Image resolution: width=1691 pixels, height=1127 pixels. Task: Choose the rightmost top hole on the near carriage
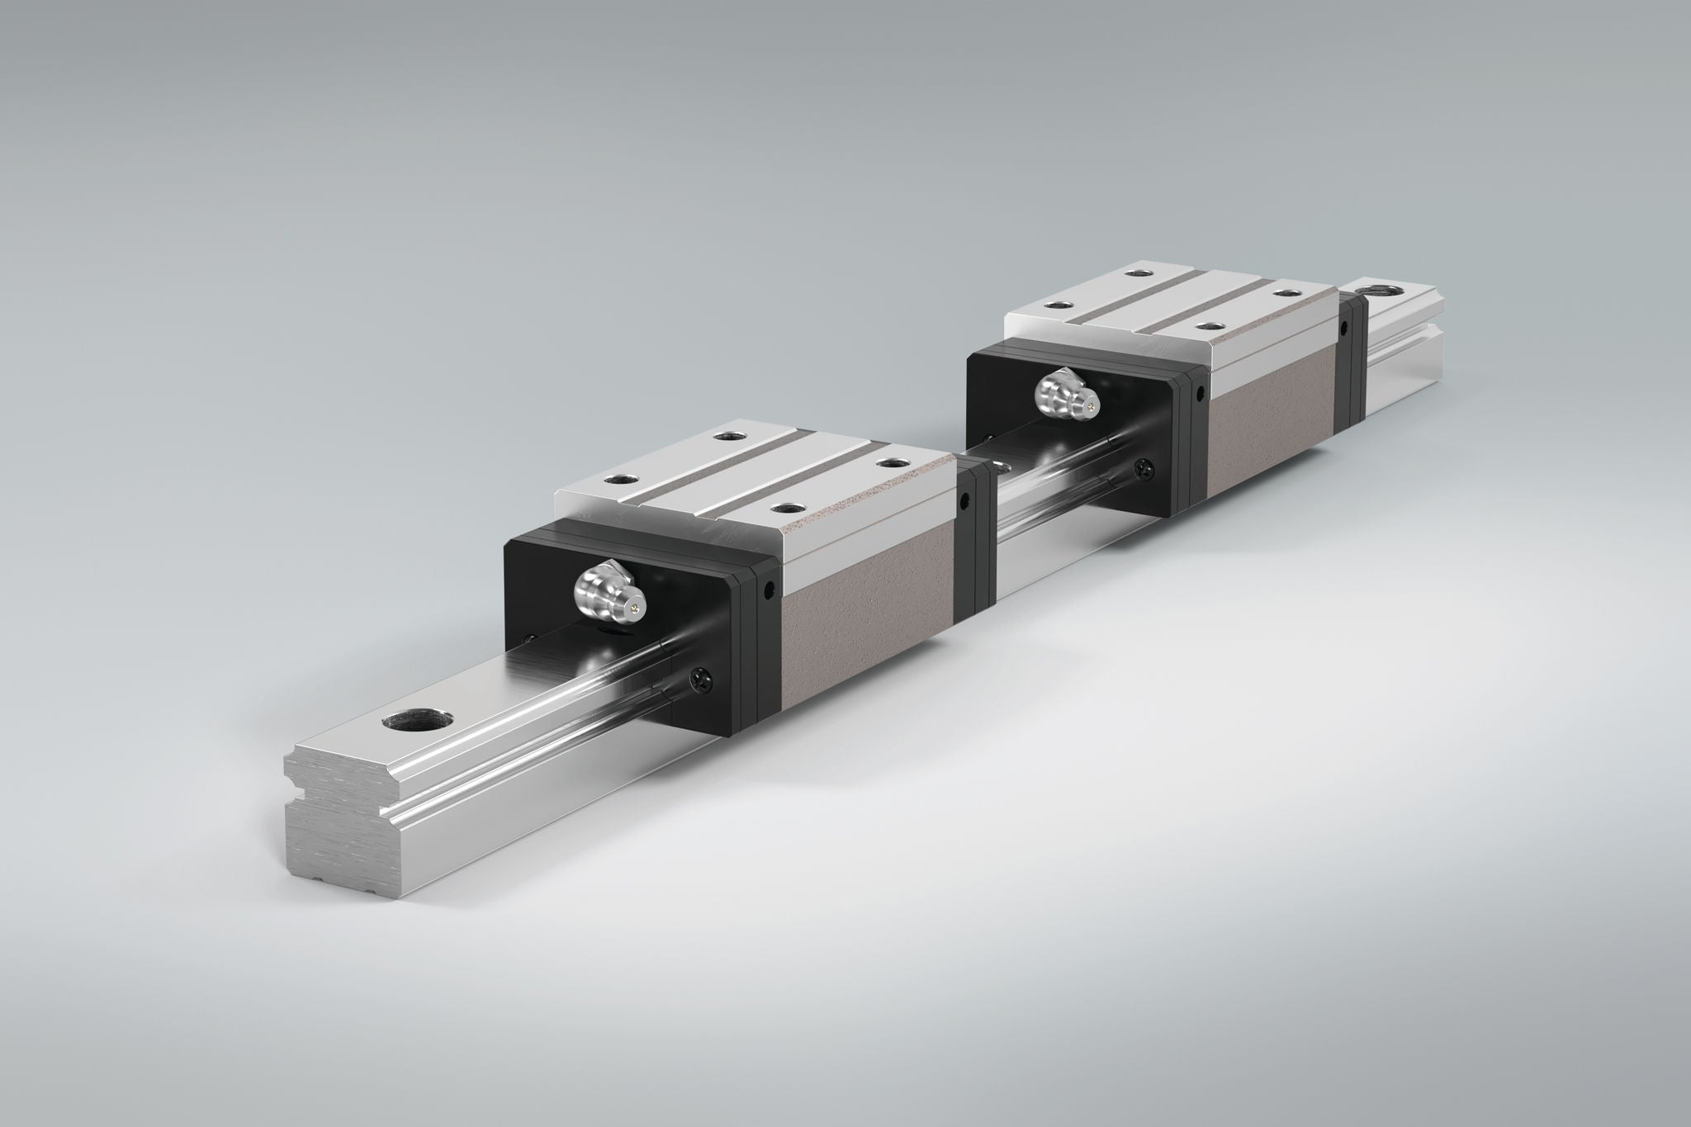[889, 462]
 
